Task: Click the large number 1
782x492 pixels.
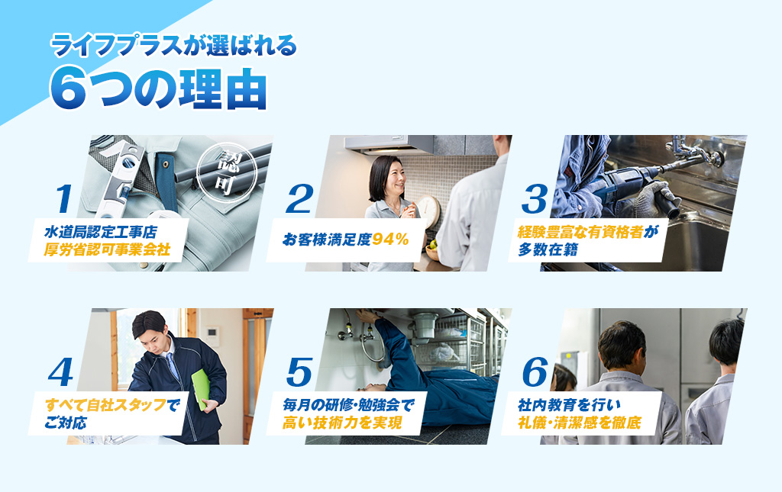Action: [64, 198]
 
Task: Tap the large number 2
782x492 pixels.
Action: [300, 198]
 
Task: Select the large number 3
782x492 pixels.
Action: [535, 198]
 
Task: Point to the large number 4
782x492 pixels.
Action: [61, 372]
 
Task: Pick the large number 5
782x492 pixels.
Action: [299, 372]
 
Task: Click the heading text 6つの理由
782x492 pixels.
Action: [159, 88]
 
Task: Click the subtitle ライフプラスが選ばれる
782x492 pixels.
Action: [173, 46]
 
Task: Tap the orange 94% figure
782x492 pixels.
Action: [390, 240]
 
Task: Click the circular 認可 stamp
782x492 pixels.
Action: [228, 172]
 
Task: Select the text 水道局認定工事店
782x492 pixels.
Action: [101, 232]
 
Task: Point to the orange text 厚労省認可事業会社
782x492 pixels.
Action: [107, 249]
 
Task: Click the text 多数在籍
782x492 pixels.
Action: [548, 249]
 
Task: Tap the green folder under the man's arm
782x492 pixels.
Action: [201, 389]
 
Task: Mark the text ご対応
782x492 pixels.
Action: [66, 423]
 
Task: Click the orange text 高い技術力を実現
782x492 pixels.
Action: [342, 423]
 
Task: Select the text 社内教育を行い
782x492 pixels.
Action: [569, 405]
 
